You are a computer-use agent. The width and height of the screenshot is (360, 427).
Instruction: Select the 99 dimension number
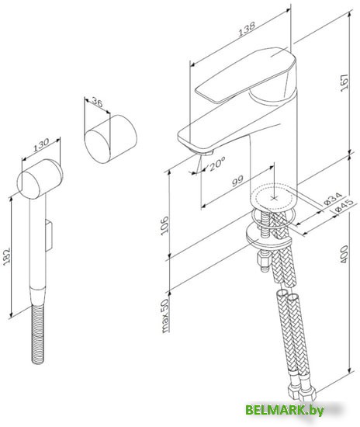[x=238, y=181]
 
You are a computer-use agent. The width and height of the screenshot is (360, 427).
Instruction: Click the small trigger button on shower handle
[x=50, y=231]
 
